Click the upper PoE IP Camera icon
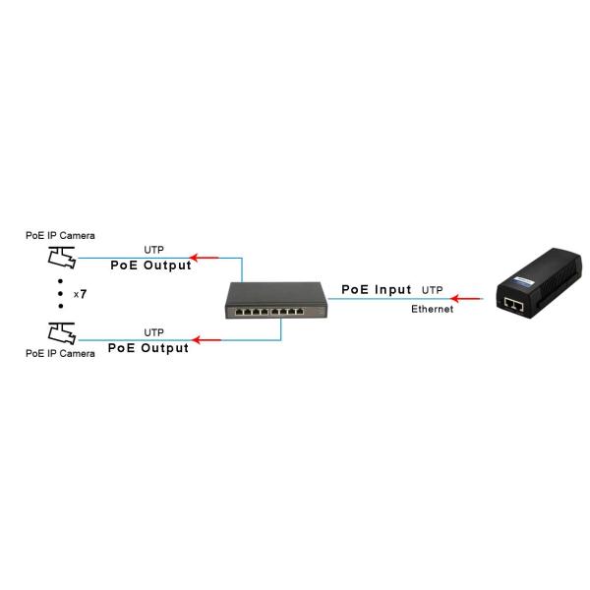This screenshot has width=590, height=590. pyautogui.click(x=60, y=258)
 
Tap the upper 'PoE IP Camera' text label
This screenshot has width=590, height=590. pyautogui.click(x=60, y=236)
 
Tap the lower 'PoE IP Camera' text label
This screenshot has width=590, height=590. pyautogui.click(x=60, y=353)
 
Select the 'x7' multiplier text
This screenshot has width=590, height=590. pyautogui.click(x=80, y=294)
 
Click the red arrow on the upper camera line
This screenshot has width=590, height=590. pyautogui.click(x=204, y=258)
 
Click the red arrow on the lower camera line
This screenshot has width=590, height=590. pyautogui.click(x=206, y=340)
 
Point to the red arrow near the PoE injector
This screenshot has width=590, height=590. pyautogui.click(x=469, y=299)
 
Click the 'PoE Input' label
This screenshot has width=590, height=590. pyautogui.click(x=376, y=290)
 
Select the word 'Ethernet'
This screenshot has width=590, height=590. pyautogui.click(x=433, y=310)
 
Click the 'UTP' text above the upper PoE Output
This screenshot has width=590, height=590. pyautogui.click(x=154, y=250)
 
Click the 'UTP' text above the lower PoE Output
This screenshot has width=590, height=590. pyautogui.click(x=154, y=332)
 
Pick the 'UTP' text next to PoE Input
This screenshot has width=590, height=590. pyautogui.click(x=433, y=291)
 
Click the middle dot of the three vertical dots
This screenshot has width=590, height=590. pyautogui.click(x=60, y=294)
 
